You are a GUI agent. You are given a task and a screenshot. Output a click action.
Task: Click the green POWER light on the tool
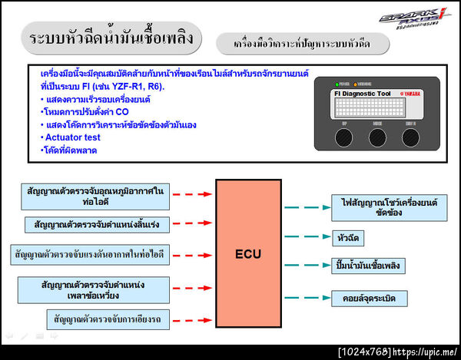(336, 84)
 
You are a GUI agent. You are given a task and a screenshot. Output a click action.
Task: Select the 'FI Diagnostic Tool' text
(362, 94)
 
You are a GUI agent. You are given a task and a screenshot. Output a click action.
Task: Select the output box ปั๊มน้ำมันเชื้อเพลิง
(370, 266)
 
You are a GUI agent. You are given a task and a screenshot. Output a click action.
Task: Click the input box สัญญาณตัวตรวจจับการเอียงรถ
(108, 318)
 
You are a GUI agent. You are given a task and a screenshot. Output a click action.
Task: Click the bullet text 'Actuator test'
(72, 137)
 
